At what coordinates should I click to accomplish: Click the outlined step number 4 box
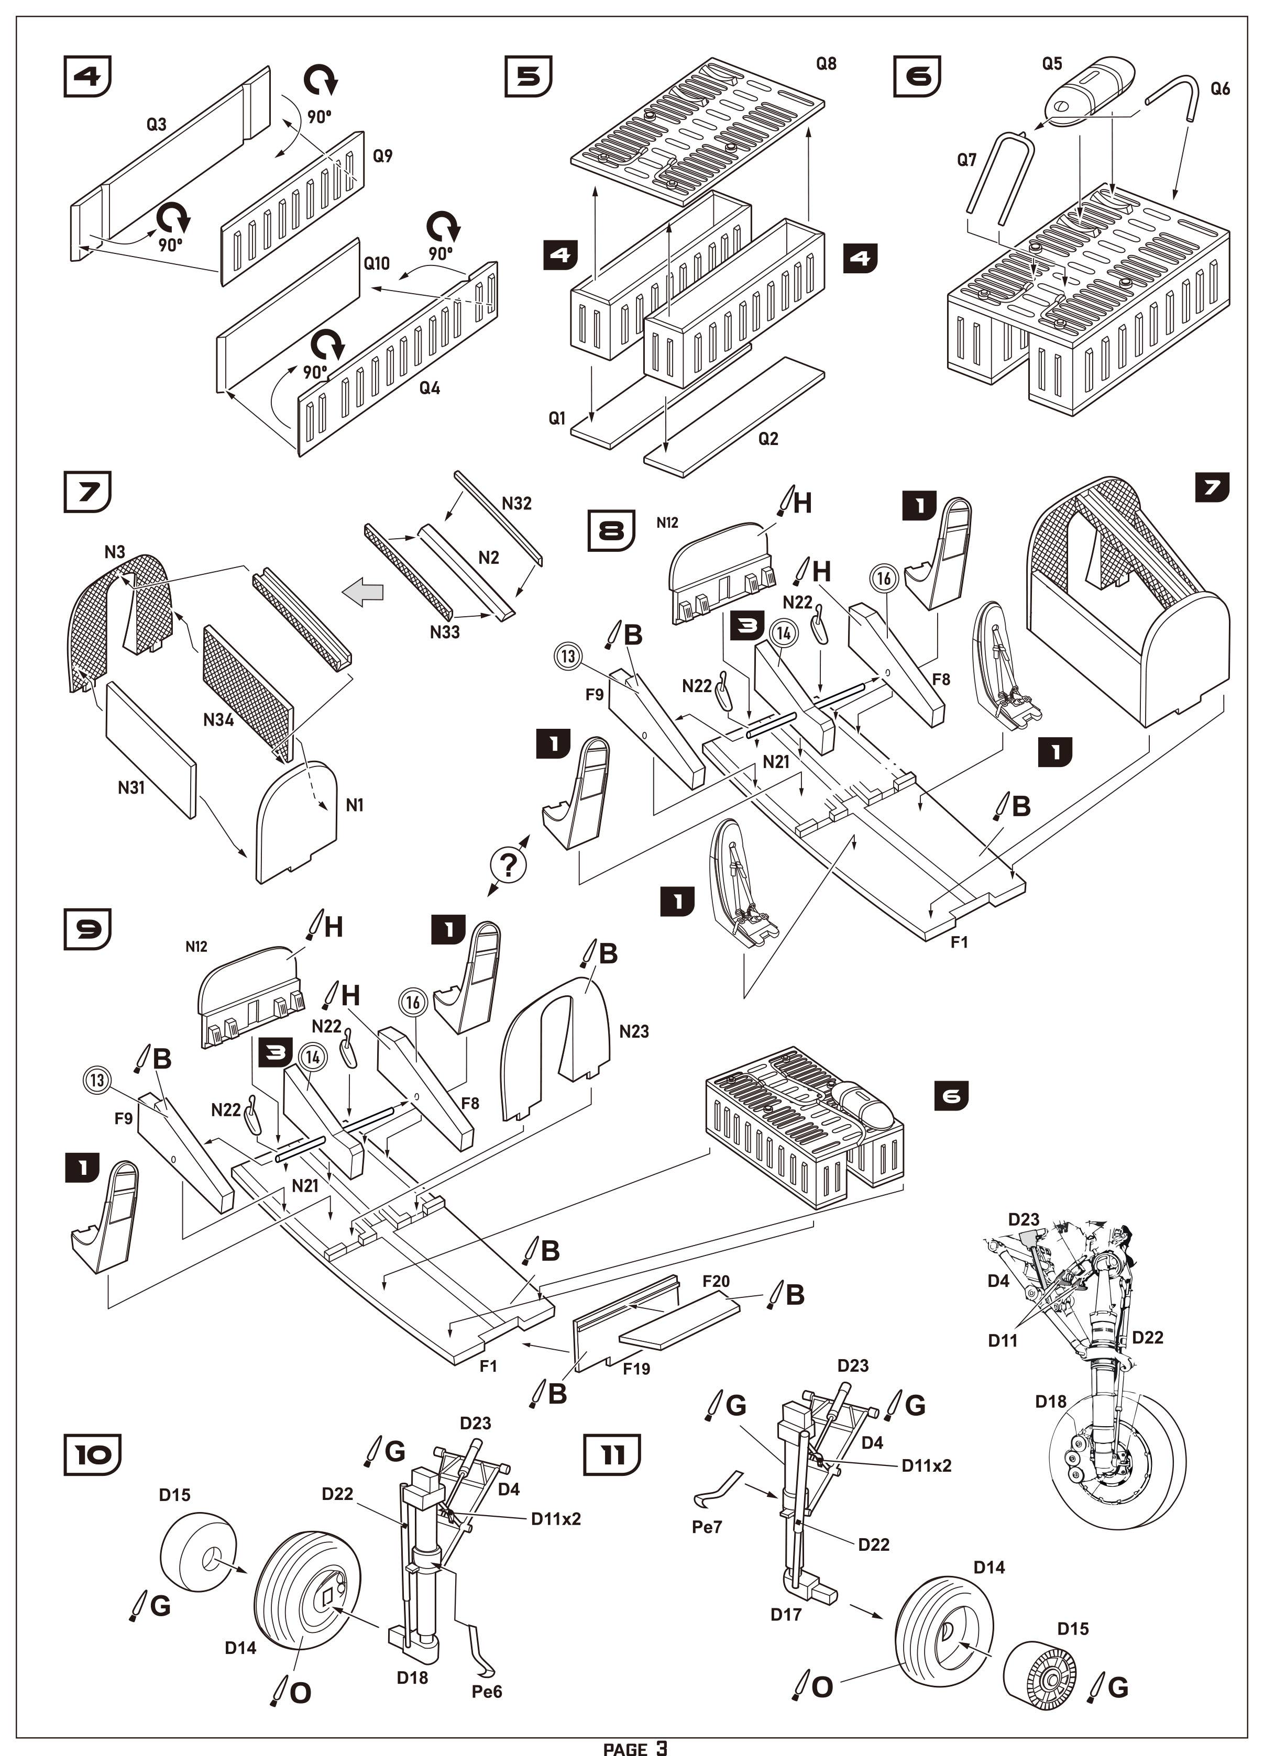(87, 76)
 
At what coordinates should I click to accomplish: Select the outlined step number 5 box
(528, 76)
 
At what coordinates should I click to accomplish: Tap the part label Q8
(827, 63)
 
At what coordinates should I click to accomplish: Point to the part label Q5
(1052, 63)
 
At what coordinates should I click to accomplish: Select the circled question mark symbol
(508, 865)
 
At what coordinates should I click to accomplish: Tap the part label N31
(131, 788)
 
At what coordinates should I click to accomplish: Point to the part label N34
(218, 720)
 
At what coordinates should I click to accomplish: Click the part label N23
(633, 1031)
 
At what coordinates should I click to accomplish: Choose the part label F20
(716, 1281)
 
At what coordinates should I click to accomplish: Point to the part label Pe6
(487, 1692)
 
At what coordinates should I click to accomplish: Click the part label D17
(785, 1614)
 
